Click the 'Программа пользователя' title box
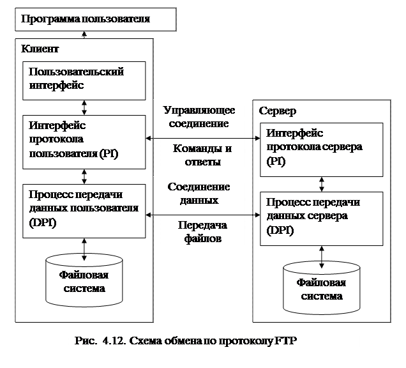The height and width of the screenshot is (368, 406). [95, 19]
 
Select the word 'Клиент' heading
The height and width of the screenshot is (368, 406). [40, 49]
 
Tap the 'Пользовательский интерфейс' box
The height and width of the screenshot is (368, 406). [84, 79]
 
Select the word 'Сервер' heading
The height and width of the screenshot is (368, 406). [278, 111]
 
